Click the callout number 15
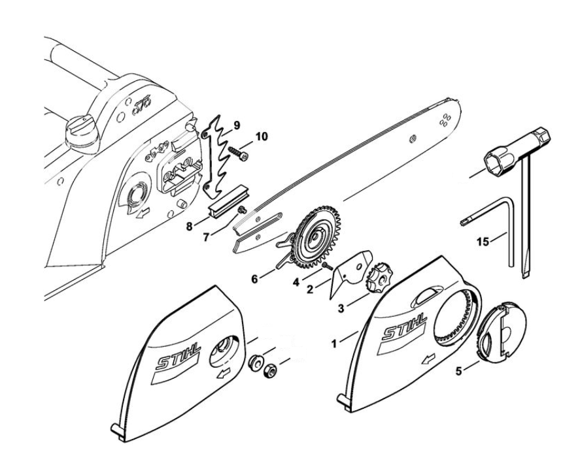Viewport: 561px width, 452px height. click(x=483, y=242)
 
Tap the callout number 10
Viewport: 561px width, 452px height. click(x=261, y=137)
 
